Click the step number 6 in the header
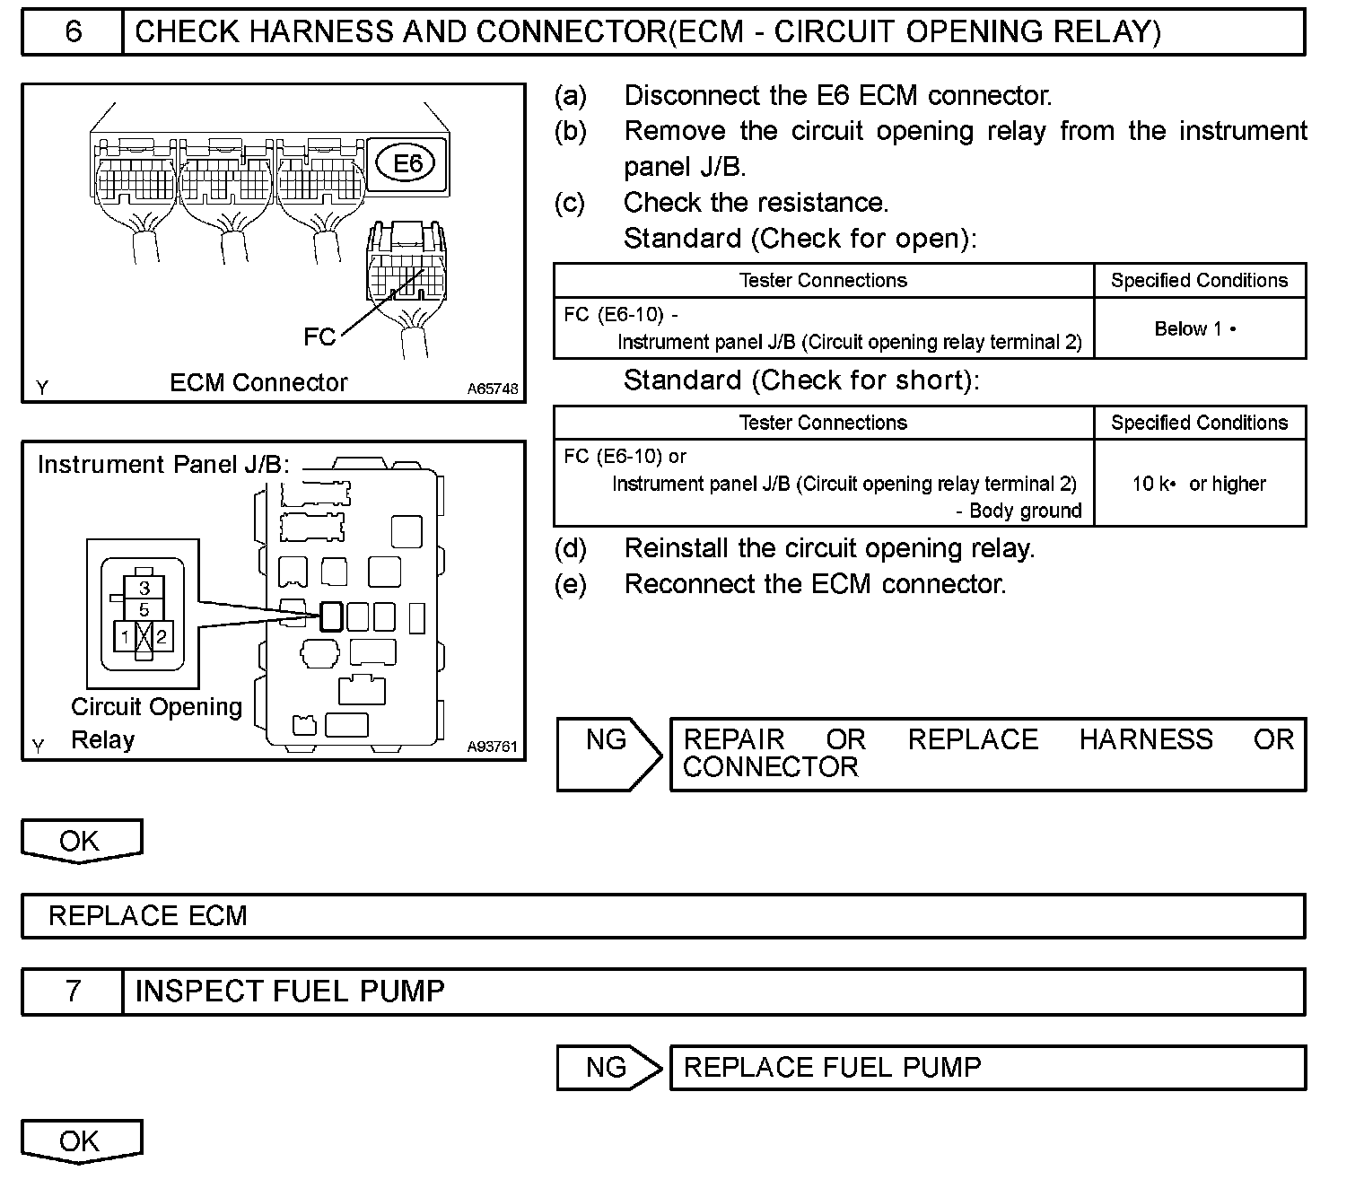click(73, 32)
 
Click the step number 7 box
click(73, 992)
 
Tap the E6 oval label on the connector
click(408, 163)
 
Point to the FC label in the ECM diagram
click(319, 336)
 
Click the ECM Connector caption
click(258, 383)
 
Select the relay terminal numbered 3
click(144, 589)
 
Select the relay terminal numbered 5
click(144, 610)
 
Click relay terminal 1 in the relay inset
click(125, 638)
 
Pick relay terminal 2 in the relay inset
click(162, 638)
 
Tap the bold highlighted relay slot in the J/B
click(331, 616)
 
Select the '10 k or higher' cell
click(1199, 485)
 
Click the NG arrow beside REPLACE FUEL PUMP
click(608, 1068)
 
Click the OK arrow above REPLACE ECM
click(80, 842)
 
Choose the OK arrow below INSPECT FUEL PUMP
click(80, 1141)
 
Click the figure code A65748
click(493, 389)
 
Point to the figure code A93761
click(493, 747)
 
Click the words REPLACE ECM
click(148, 916)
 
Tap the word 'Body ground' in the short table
click(1025, 511)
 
